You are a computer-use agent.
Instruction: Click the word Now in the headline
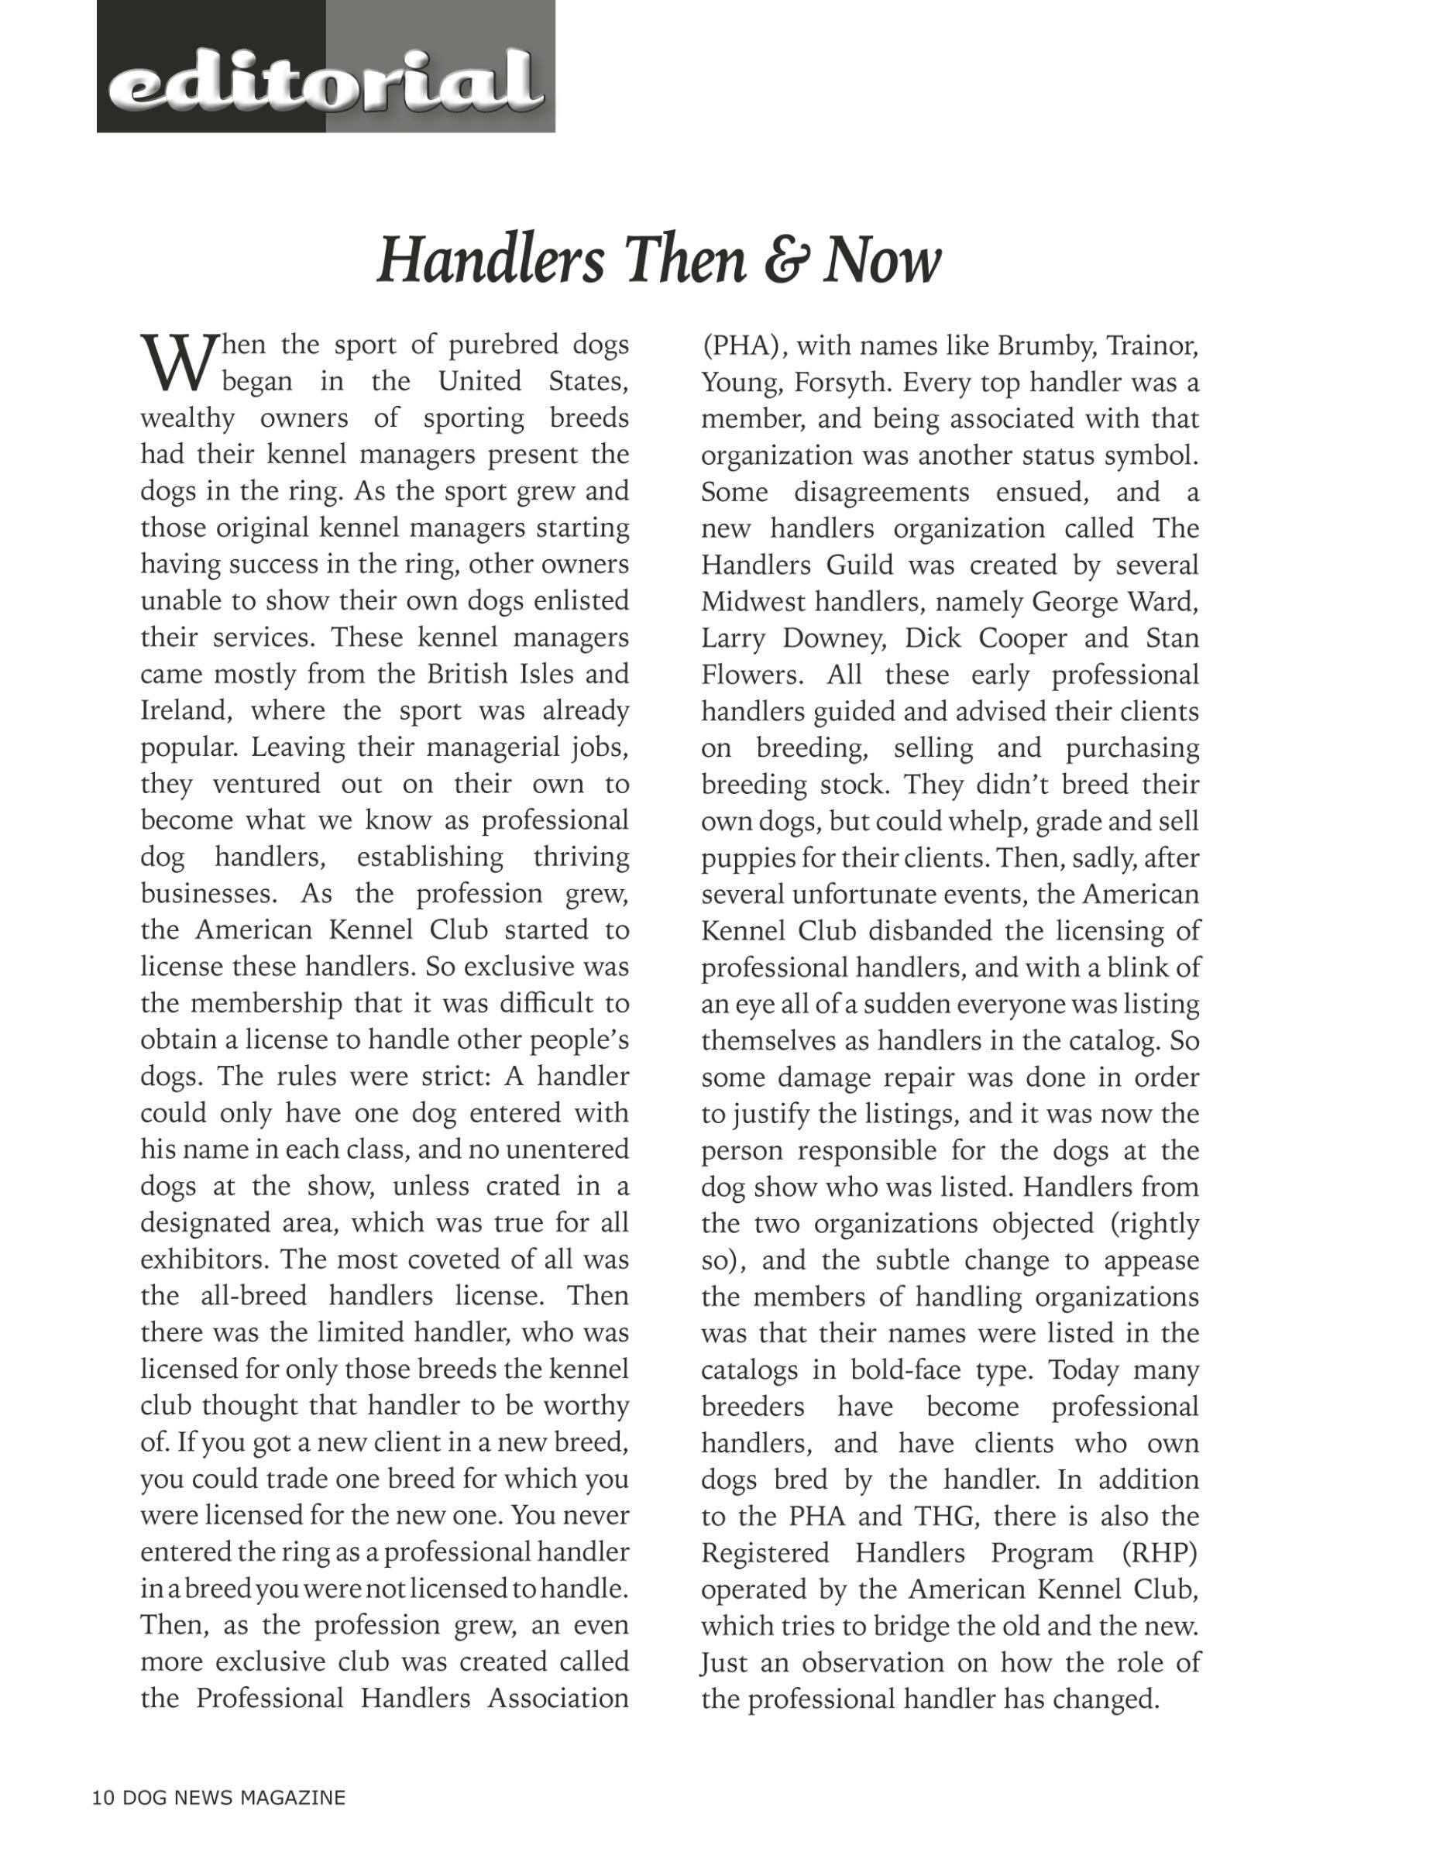tap(882, 259)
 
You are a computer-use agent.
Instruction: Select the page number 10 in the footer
tap(102, 1798)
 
